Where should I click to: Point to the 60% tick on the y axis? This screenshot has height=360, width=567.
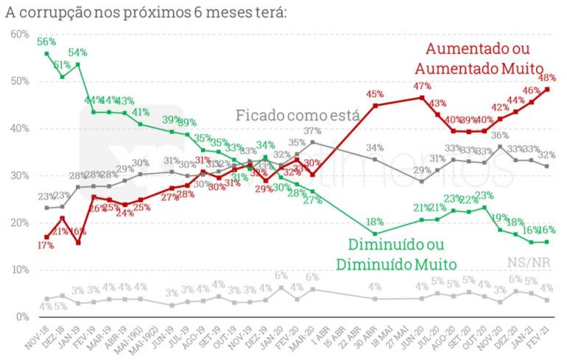20,34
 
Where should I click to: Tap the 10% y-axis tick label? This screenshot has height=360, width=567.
20,269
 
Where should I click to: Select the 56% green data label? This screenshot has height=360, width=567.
46,41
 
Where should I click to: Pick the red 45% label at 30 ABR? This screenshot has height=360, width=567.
376,93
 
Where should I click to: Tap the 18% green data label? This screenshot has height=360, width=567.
376,222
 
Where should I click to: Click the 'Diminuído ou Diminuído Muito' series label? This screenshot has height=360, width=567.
396,253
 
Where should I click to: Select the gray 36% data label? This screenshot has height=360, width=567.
499,135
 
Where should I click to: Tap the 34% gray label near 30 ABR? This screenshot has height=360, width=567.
375,148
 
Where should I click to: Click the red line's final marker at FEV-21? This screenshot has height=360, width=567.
547,90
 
